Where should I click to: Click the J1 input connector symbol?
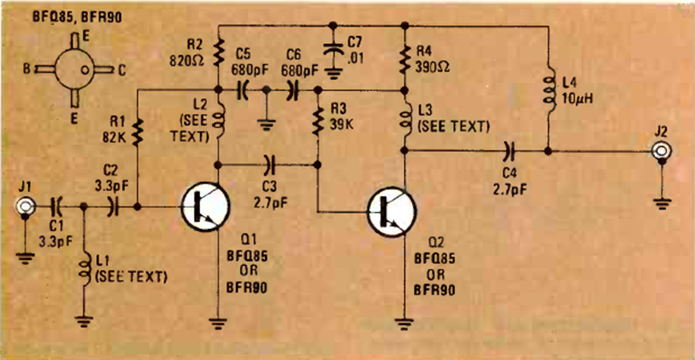(26, 208)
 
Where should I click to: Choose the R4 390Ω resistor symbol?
(405, 55)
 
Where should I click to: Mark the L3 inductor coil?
(405, 122)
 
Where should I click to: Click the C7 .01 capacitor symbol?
(336, 47)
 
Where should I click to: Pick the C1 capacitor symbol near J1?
(57, 208)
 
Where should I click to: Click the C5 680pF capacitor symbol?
(243, 91)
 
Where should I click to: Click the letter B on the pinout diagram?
(27, 69)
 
